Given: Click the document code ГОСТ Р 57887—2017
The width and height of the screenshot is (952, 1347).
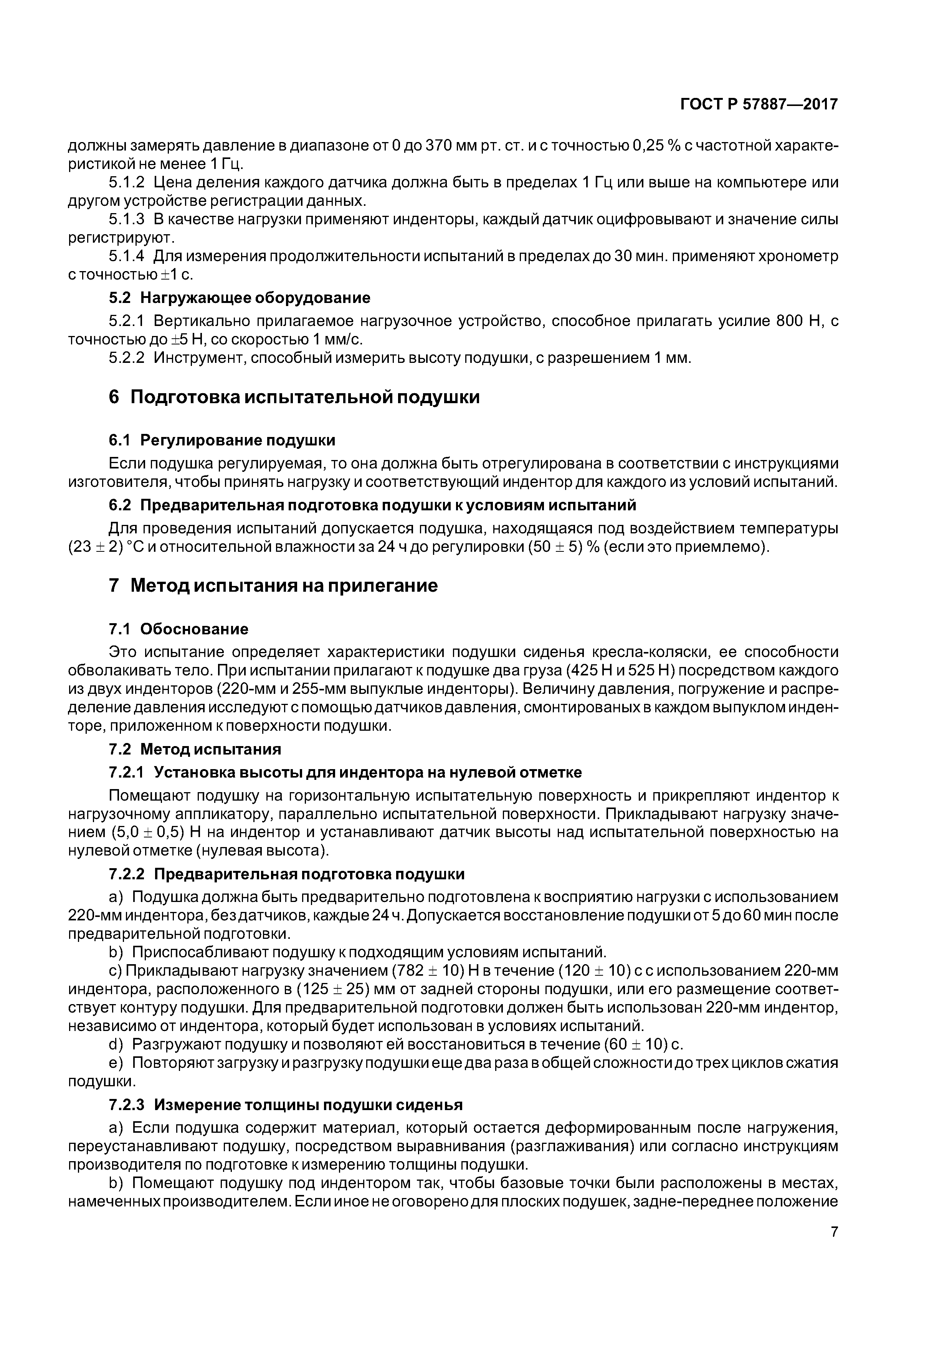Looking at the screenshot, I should (759, 104).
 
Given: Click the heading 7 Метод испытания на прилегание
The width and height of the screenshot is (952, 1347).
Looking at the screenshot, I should (273, 586).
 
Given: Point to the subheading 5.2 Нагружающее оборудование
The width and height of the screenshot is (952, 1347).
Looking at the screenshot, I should (239, 298).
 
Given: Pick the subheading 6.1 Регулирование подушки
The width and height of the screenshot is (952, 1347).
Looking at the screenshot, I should (222, 440).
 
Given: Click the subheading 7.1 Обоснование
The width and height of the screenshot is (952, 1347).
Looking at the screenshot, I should (178, 629).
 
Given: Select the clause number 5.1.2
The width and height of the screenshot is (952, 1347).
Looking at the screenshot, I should (126, 182).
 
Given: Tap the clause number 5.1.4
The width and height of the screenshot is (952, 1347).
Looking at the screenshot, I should (126, 256).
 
